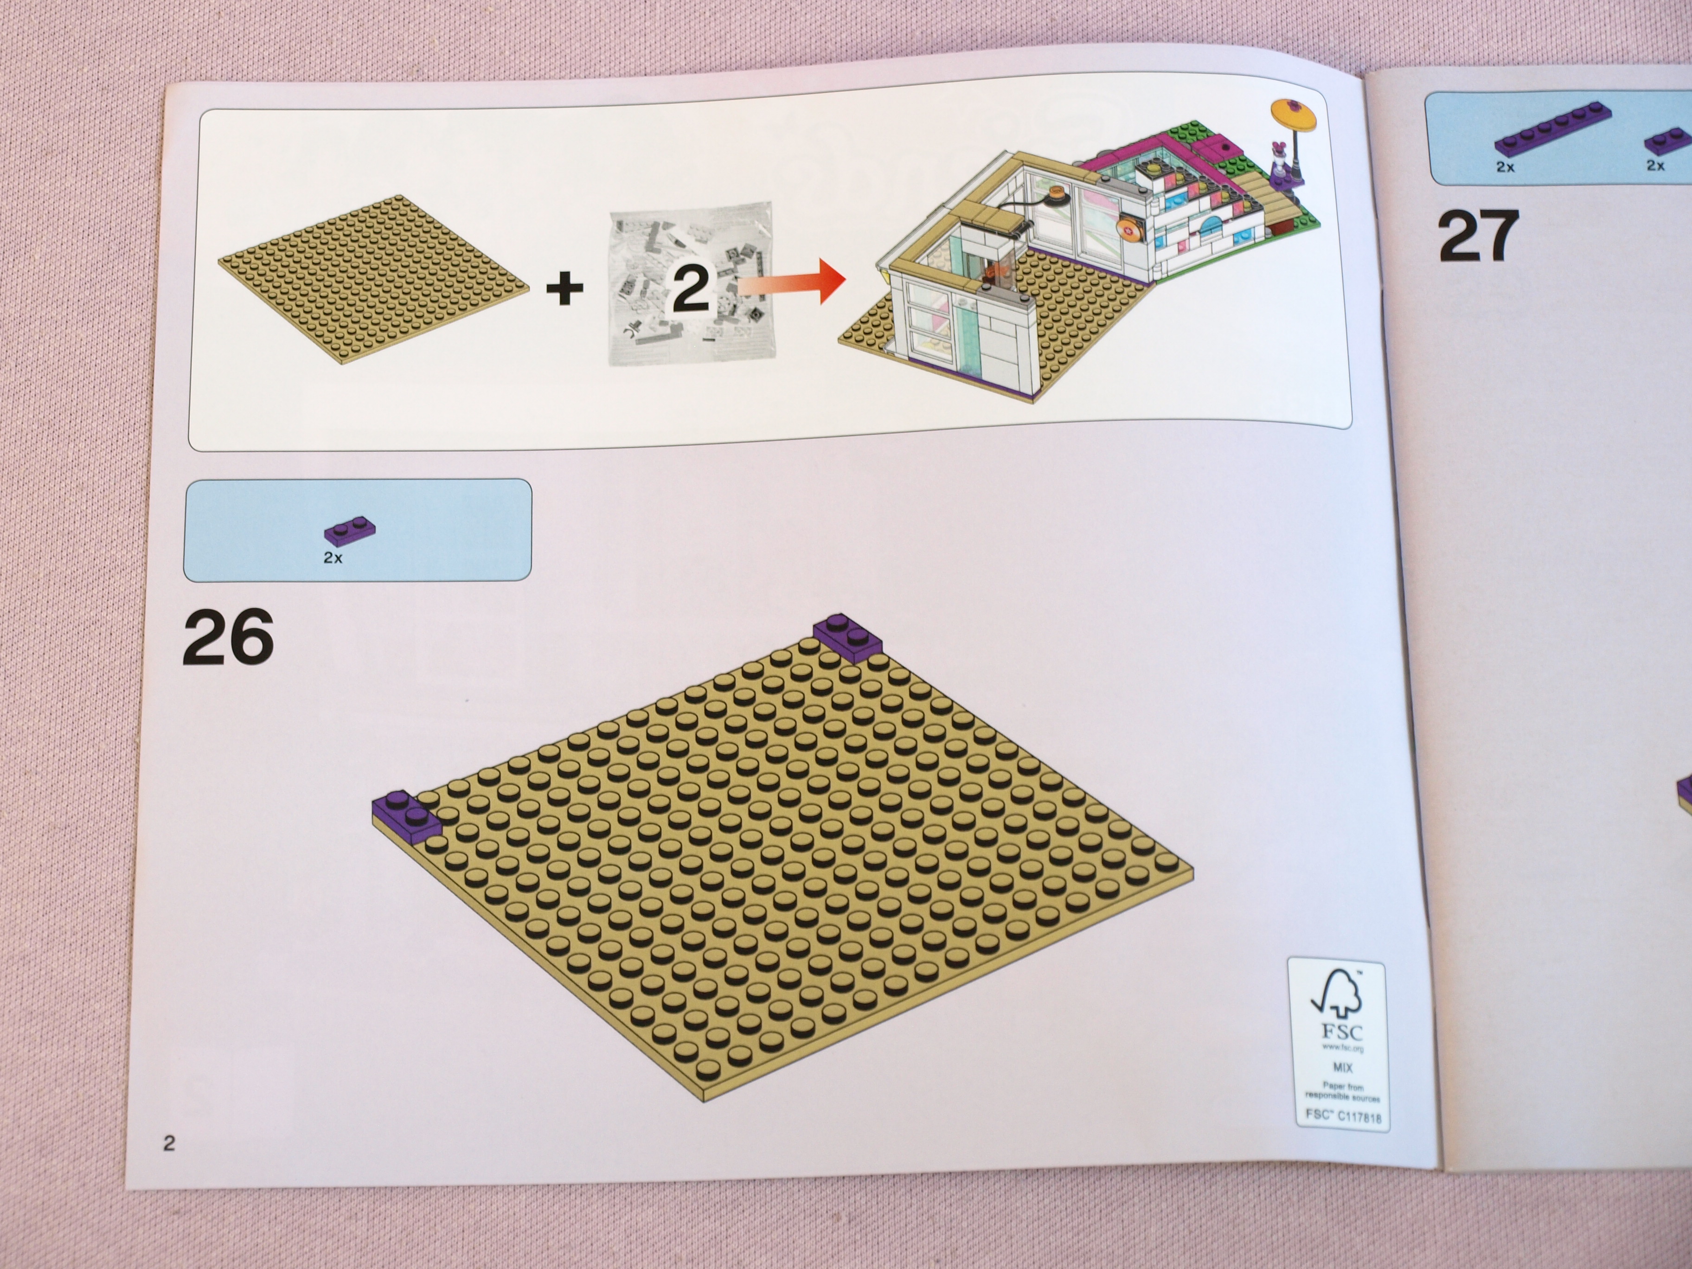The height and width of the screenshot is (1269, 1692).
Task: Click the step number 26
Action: [x=228, y=636]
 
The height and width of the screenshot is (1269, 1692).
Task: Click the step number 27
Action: [x=1478, y=237]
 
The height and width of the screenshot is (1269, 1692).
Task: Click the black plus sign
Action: [x=564, y=289]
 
